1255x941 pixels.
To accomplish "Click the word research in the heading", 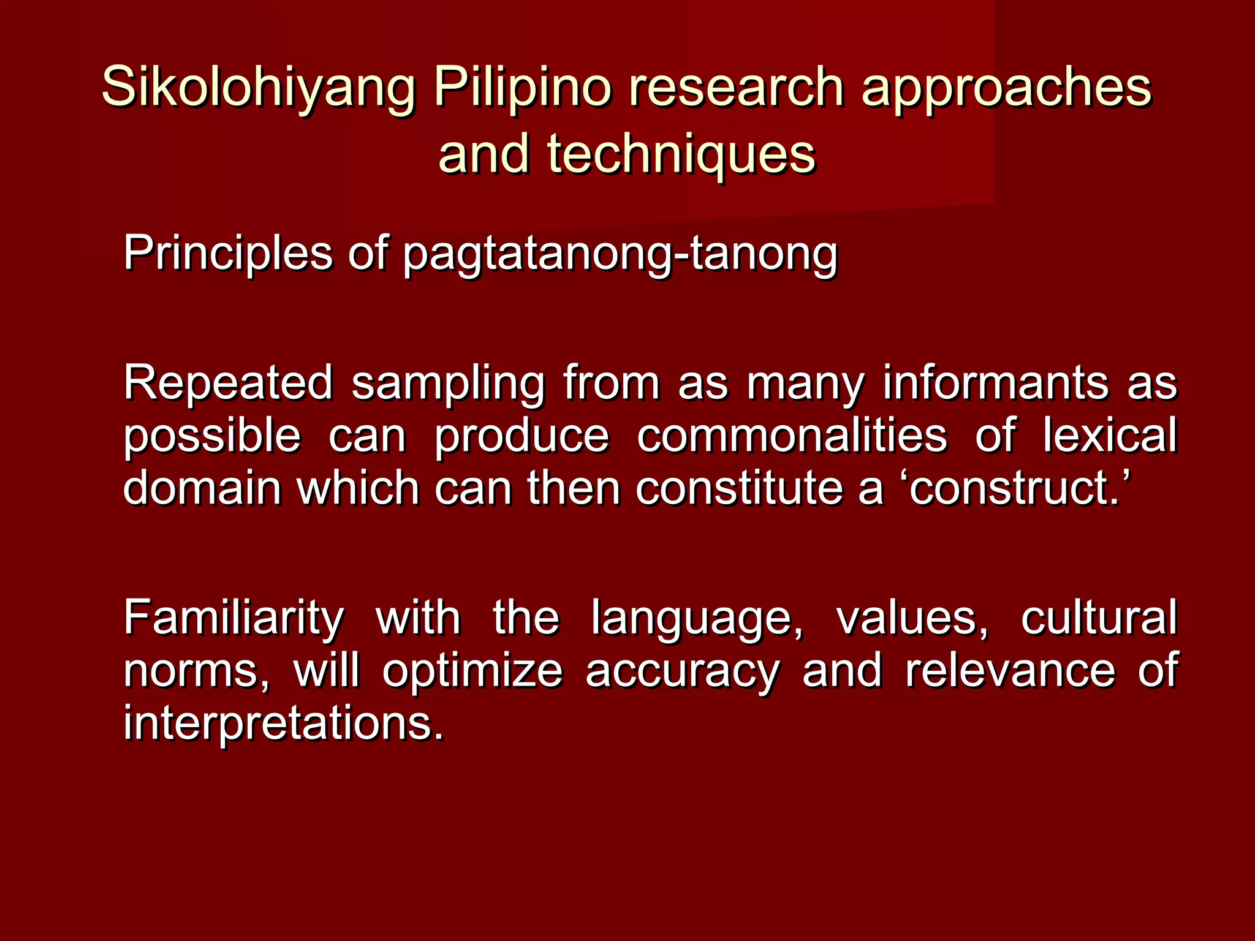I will click(736, 87).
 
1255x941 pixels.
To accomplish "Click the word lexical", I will click(1110, 436).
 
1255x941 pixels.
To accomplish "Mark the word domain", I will click(202, 488).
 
